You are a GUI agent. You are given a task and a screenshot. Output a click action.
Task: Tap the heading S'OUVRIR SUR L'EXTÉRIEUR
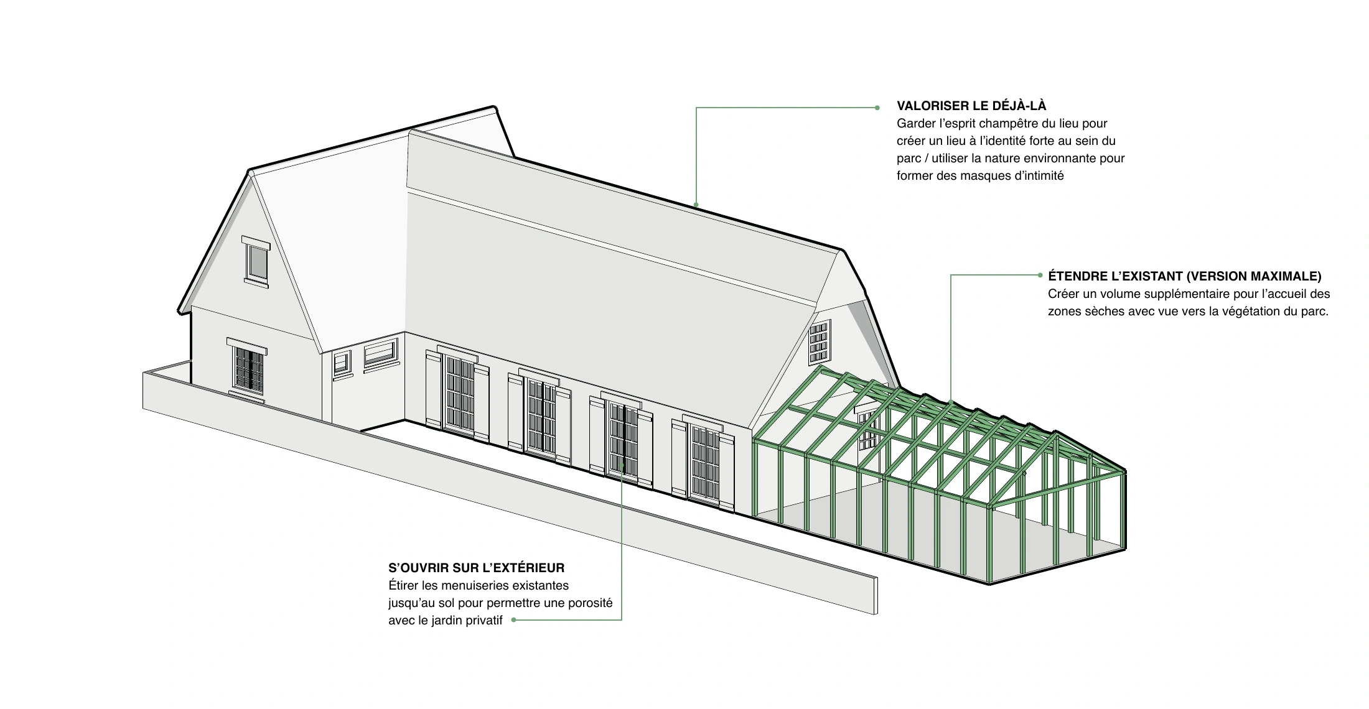coord(477,568)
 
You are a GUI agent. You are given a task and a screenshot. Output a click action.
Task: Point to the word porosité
coord(591,603)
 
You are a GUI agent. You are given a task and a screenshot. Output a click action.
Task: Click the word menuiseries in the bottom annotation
coord(481,585)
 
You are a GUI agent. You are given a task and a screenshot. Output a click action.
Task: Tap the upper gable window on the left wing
coord(256,262)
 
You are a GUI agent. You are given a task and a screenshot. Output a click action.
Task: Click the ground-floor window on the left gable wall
coord(248,369)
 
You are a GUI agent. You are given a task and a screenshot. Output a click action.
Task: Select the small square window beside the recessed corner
coord(342,364)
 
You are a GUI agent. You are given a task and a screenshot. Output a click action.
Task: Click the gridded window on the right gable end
coord(819,342)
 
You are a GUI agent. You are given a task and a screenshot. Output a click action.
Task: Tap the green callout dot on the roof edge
coord(696,205)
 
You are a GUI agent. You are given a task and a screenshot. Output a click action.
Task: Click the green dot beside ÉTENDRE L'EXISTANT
coord(1040,275)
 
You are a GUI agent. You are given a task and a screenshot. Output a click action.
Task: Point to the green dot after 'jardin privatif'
coord(513,619)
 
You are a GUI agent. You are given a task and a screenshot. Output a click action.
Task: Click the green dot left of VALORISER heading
coord(877,108)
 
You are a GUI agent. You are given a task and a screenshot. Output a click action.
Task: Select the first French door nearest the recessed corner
coord(459,392)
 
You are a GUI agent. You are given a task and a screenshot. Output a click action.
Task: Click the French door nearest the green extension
coord(704,461)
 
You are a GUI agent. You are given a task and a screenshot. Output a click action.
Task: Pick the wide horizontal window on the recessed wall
coord(380,353)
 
